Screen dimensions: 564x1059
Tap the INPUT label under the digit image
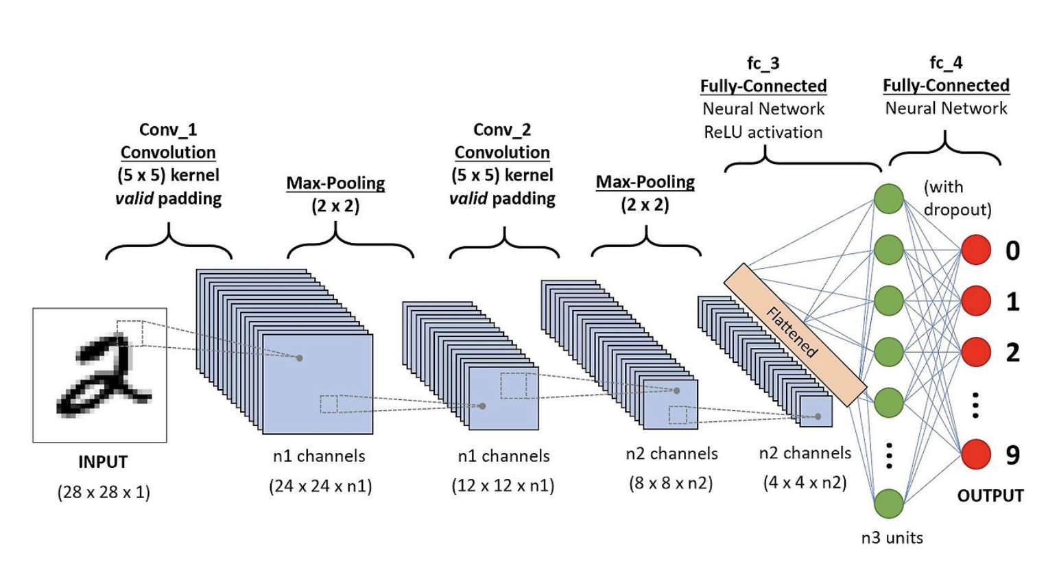click(103, 462)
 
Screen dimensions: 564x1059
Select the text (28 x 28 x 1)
click(104, 492)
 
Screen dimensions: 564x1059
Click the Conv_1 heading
click(168, 130)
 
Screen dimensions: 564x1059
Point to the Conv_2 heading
click(502, 130)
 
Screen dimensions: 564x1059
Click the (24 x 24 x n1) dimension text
click(320, 486)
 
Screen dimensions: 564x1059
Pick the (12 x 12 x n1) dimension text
click(503, 486)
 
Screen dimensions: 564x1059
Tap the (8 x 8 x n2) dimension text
click(671, 483)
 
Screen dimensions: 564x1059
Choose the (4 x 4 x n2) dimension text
click(805, 482)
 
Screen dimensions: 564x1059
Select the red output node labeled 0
click(976, 250)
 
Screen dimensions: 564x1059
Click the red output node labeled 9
click(976, 454)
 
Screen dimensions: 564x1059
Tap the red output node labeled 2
click(976, 352)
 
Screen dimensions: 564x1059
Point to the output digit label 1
click(1012, 301)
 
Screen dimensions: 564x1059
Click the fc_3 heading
click(763, 64)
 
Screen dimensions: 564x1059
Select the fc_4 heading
click(946, 63)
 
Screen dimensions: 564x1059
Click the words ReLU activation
click(763, 132)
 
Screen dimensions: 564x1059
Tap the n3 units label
click(892, 538)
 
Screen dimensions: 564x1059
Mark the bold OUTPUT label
click(990, 495)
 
